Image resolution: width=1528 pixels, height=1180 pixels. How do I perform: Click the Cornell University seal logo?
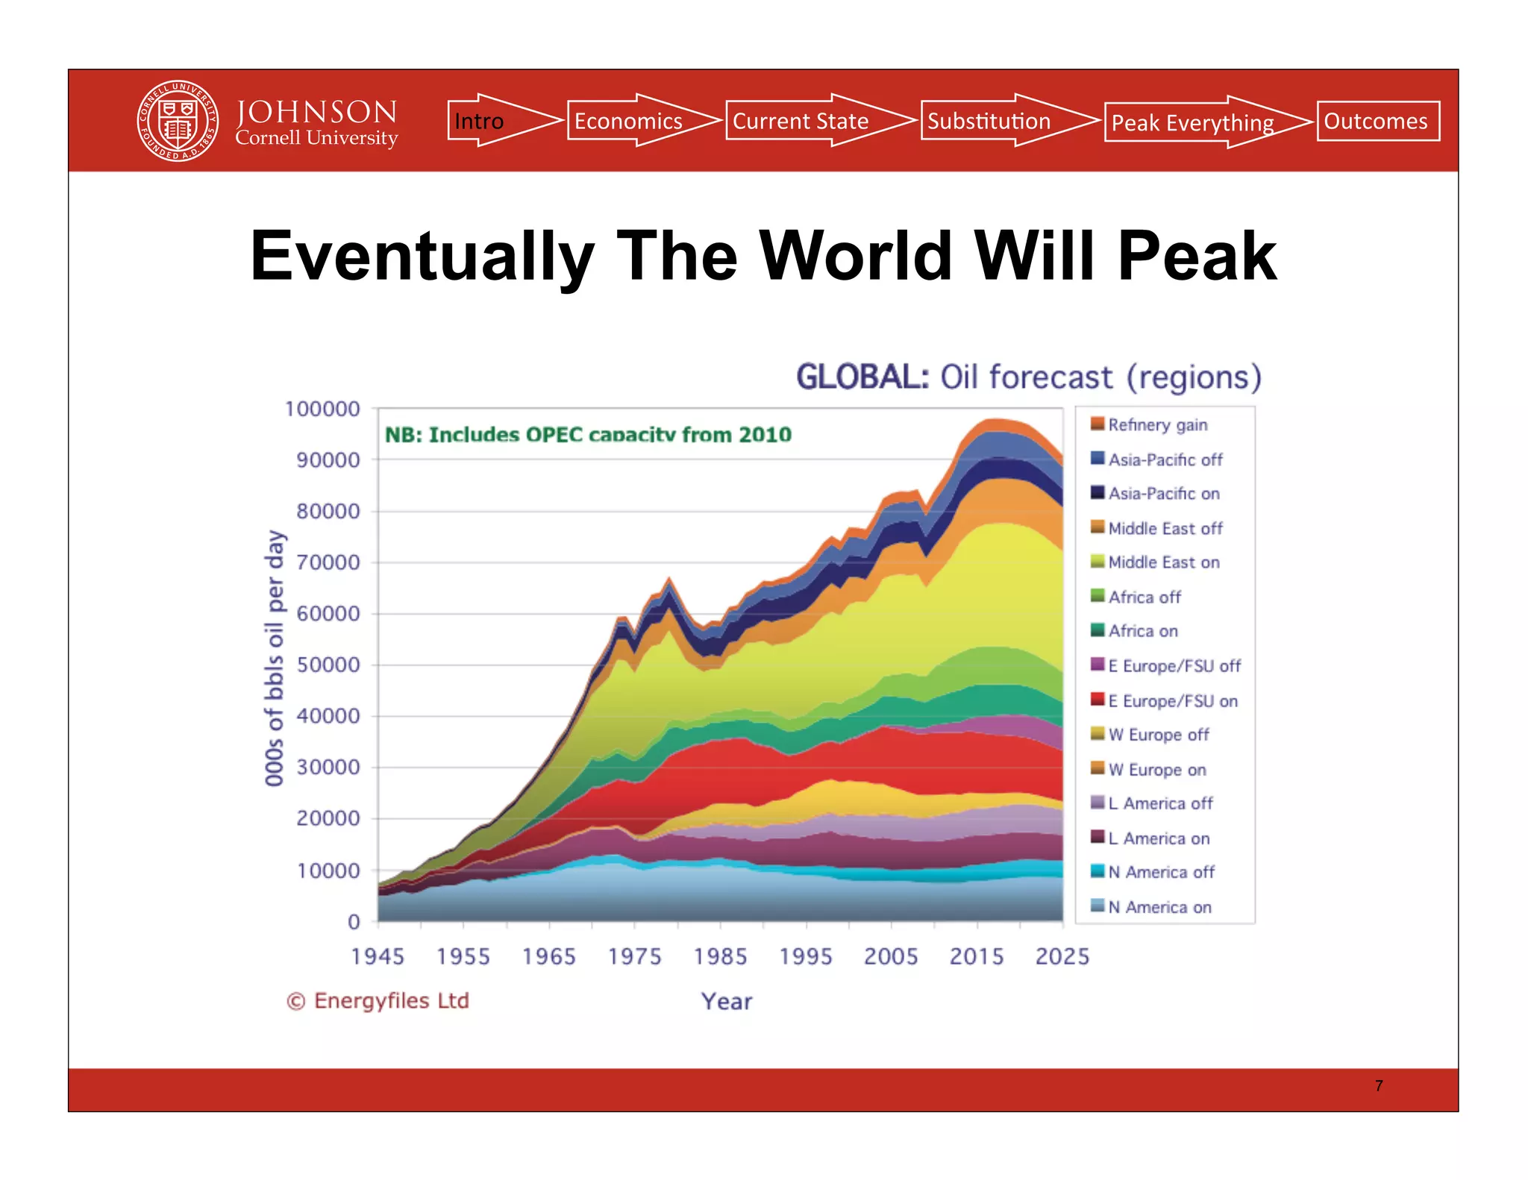pyautogui.click(x=178, y=121)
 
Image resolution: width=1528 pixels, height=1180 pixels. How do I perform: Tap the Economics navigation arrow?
pyautogui.click(x=634, y=121)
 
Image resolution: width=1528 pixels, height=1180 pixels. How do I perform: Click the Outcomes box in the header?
pyautogui.click(x=1377, y=121)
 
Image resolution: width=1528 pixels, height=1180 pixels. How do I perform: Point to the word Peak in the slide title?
pyautogui.click(x=1196, y=256)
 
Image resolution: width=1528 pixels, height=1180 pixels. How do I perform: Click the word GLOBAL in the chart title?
pyautogui.click(x=862, y=377)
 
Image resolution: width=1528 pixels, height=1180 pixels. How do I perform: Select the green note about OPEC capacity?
pyautogui.click(x=587, y=435)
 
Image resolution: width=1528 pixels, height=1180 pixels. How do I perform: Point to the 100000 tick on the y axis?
pyautogui.click(x=322, y=409)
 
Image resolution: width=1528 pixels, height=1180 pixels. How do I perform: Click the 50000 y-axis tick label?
pyautogui.click(x=328, y=665)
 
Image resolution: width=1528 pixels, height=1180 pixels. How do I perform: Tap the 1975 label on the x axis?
pyautogui.click(x=634, y=956)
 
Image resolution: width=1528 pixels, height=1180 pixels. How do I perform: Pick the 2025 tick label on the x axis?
pyautogui.click(x=1062, y=956)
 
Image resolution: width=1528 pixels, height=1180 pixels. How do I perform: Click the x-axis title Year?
pyautogui.click(x=726, y=1001)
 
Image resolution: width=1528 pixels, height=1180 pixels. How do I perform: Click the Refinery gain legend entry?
pyautogui.click(x=1156, y=424)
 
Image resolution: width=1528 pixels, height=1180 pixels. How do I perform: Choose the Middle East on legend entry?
pyautogui.click(x=1162, y=562)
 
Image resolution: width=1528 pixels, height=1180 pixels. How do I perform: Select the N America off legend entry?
pyautogui.click(x=1160, y=872)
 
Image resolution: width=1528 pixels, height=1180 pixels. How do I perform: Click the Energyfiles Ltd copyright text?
pyautogui.click(x=378, y=1001)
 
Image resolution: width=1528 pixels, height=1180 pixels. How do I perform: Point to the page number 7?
pyautogui.click(x=1379, y=1086)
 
